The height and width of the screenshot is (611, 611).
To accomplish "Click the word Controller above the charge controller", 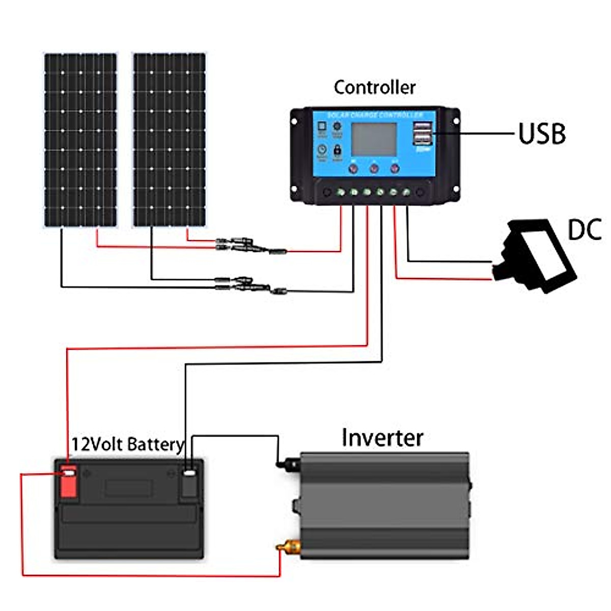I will [374, 88].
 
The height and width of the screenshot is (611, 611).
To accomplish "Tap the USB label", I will [542, 134].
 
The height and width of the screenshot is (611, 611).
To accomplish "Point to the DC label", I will [585, 230].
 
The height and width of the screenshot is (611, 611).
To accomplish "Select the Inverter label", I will [382, 438].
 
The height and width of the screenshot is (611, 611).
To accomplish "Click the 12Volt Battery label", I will [127, 445].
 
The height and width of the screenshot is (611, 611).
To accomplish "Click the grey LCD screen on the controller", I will [374, 140].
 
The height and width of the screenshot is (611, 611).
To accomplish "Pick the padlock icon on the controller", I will [337, 150].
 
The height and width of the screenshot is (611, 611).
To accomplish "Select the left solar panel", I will [80, 140].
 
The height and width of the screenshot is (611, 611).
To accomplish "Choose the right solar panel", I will [169, 140].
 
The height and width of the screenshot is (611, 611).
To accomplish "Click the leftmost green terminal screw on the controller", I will [341, 192].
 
